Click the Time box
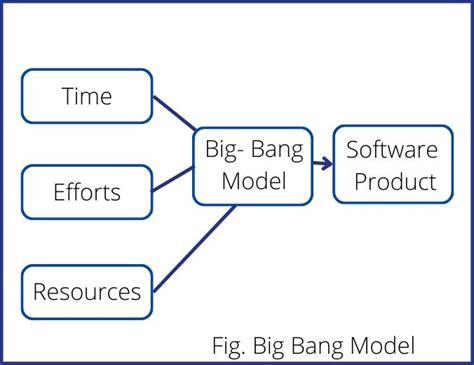(x=87, y=96)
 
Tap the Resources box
(x=87, y=292)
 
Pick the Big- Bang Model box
(x=253, y=166)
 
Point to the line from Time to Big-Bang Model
(x=175, y=114)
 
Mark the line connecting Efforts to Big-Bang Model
(x=172, y=181)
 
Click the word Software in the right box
(x=391, y=151)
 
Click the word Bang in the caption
(x=319, y=346)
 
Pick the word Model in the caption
(x=381, y=346)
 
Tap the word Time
(x=87, y=96)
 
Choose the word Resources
(x=87, y=292)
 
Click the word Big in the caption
(x=271, y=346)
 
